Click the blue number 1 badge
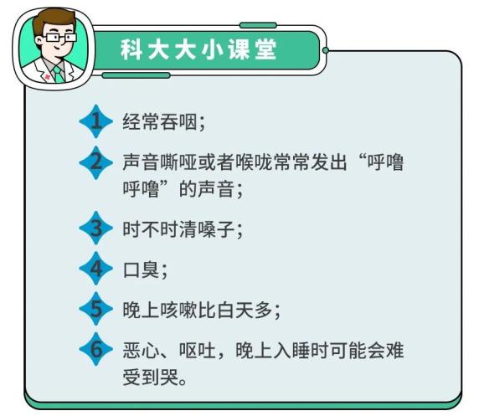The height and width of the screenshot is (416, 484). click(x=96, y=121)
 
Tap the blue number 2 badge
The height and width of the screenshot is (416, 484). click(x=96, y=162)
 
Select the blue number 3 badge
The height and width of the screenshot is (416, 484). click(x=96, y=228)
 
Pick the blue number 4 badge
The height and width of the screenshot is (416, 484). click(x=96, y=268)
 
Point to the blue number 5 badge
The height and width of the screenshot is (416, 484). click(x=96, y=309)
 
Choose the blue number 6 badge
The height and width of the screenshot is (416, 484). click(x=96, y=349)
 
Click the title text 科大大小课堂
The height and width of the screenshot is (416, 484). click(x=198, y=49)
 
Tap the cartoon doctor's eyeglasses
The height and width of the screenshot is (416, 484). click(x=60, y=38)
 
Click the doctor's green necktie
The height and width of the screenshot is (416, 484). click(x=58, y=74)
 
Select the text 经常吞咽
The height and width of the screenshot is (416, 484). click(x=160, y=121)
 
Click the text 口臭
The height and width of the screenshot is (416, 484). click(x=141, y=270)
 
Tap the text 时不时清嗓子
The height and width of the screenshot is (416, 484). click(x=178, y=229)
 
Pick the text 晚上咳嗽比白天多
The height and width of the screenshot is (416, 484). click(x=198, y=311)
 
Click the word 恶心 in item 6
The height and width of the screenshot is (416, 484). click(x=141, y=351)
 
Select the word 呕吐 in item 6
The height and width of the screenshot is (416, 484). click(x=198, y=351)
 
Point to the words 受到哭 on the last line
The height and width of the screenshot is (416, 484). click(x=151, y=377)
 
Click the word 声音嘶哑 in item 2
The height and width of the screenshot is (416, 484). click(x=160, y=162)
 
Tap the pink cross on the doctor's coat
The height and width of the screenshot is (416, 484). click(x=47, y=77)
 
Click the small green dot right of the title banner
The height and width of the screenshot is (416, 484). click(x=326, y=50)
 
